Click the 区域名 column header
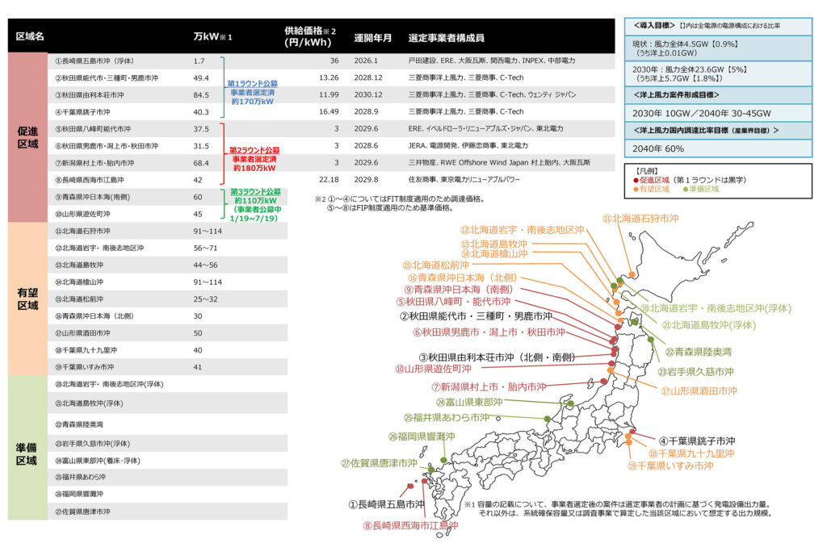coord(30,37)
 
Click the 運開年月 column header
coord(373,38)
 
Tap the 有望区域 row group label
coord(27,299)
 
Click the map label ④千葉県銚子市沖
coord(696,441)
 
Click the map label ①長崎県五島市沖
coord(386,503)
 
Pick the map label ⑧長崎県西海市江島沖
coord(410,524)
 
